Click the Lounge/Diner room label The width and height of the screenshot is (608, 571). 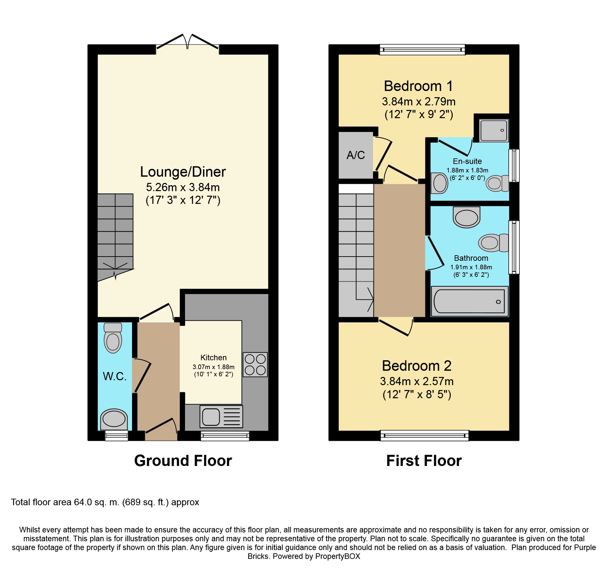point(183,172)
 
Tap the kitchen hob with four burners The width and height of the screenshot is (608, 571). point(255,365)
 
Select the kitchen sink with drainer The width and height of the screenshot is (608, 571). point(221,417)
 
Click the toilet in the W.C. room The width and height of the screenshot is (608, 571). point(113,338)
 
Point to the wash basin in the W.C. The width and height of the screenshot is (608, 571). point(114,419)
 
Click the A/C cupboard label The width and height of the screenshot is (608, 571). point(356,155)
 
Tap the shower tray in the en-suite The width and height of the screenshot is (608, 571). point(494,131)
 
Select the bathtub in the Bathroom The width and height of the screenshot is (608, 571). point(469,301)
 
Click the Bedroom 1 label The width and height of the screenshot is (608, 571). point(418,86)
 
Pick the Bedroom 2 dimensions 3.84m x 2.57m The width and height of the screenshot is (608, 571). point(417,381)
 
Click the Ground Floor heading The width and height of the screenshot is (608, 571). point(183,461)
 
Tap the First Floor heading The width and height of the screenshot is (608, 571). point(424,461)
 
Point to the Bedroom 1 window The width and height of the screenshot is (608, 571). point(422,50)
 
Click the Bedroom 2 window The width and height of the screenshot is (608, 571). point(425,436)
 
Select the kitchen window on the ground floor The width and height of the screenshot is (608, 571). point(225,436)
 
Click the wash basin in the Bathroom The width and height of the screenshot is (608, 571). point(466,217)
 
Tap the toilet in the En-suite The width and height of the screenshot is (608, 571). point(497,183)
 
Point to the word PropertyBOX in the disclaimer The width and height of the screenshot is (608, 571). point(337,556)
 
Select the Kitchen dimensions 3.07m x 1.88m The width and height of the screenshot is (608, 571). point(213,367)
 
